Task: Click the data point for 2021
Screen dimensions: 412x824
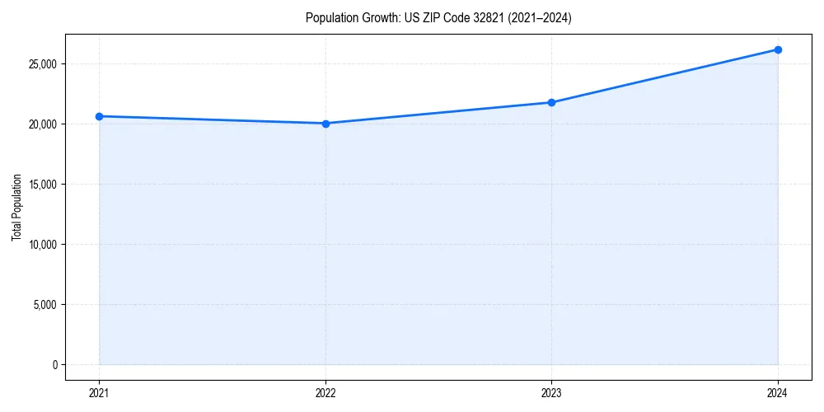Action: [99, 116]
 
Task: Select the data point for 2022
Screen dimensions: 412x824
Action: [325, 124]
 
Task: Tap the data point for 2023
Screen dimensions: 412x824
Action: [551, 102]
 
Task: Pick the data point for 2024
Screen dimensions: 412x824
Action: [778, 49]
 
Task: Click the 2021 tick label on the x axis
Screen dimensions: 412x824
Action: [99, 393]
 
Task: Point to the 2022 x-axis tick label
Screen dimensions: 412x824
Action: [325, 393]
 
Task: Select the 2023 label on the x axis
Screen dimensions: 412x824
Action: [551, 393]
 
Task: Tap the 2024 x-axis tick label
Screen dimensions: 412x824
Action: [778, 393]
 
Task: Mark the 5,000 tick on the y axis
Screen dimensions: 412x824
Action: [45, 305]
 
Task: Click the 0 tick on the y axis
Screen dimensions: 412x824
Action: [55, 365]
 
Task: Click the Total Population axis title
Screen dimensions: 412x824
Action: [16, 207]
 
